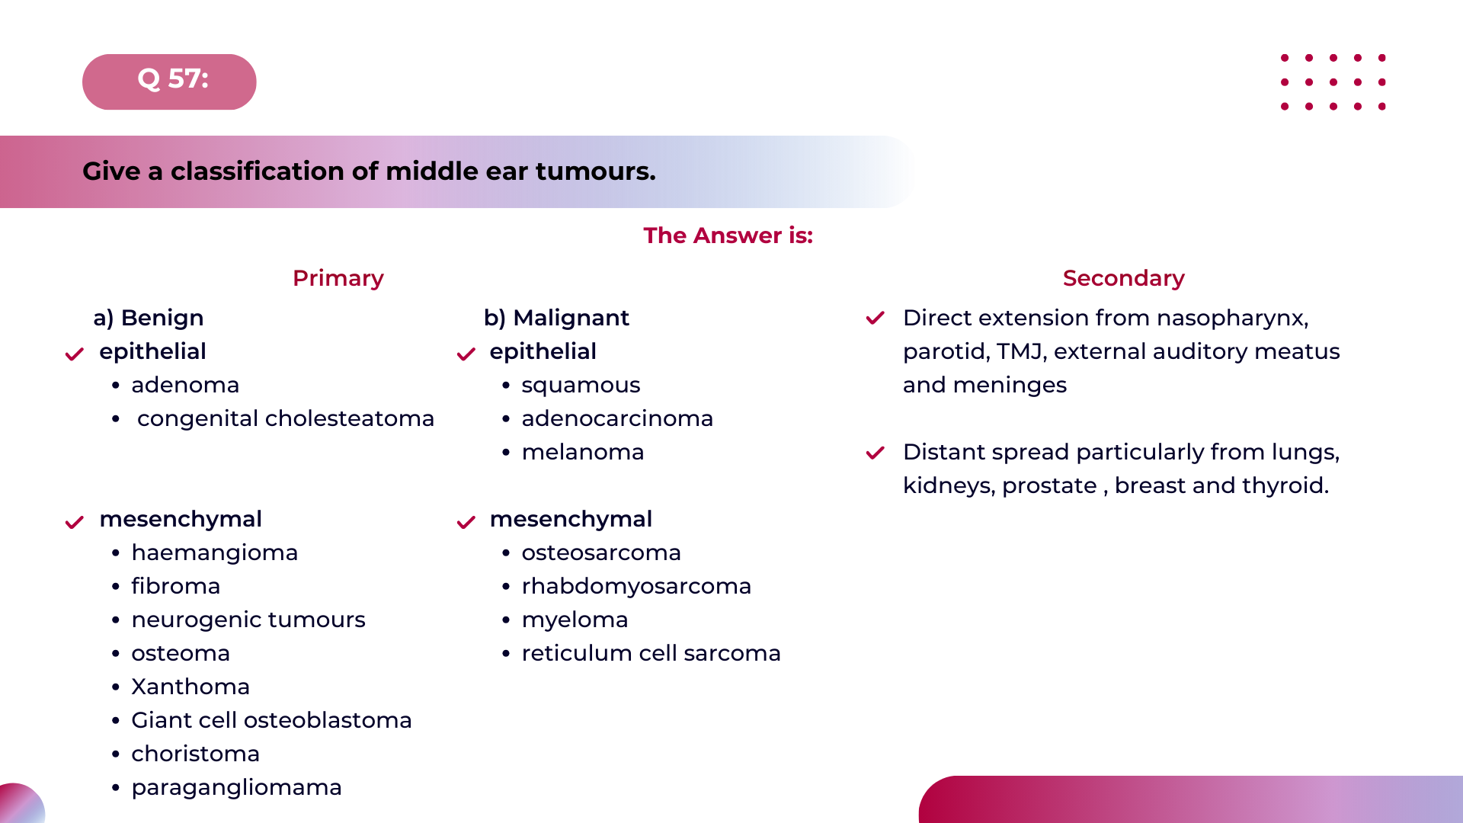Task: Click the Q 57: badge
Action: [x=169, y=81]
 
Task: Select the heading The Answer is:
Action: [x=728, y=235]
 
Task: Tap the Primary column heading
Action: [x=338, y=278]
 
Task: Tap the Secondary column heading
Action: [x=1123, y=278]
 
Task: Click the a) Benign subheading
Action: [x=149, y=318]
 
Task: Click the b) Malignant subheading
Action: [x=556, y=318]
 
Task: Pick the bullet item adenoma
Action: [x=185, y=385]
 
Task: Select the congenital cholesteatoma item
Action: [x=285, y=418]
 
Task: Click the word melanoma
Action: [x=582, y=452]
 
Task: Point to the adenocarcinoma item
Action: [x=616, y=418]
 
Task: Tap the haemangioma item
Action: [x=214, y=552]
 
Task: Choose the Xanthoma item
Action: [x=190, y=687]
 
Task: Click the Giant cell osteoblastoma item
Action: [x=271, y=720]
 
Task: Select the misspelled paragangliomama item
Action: [x=236, y=787]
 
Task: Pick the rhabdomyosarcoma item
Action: [x=635, y=586]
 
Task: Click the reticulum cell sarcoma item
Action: [x=651, y=653]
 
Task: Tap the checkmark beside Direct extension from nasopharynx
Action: [x=875, y=318]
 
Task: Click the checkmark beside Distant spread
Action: [x=875, y=453]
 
